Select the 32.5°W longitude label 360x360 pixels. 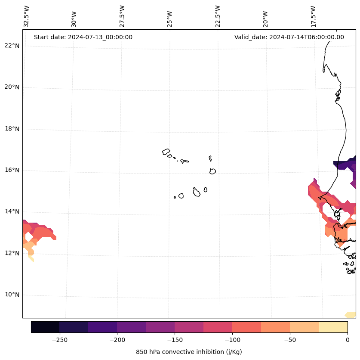pos(27,16)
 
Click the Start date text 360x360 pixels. pos(83,37)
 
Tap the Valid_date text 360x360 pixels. pos(289,37)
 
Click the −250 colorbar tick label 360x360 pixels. pos(59,340)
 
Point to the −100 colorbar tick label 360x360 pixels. pos(232,340)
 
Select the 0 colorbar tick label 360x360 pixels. pos(348,340)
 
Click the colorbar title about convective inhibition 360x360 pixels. pos(189,352)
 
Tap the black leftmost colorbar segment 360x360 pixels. pos(45,327)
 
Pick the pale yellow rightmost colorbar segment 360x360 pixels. pos(333,327)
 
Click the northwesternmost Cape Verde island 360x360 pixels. pos(166,152)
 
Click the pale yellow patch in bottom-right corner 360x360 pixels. pos(351,315)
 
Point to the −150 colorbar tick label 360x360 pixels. pos(175,340)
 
